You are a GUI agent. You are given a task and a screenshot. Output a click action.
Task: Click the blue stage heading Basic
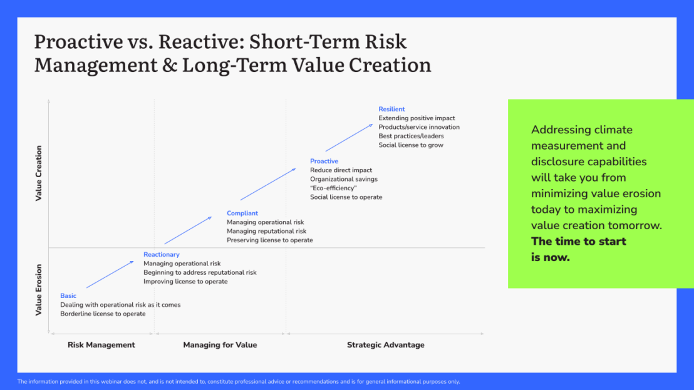(x=68, y=296)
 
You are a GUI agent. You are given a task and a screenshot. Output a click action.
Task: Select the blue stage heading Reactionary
(x=161, y=255)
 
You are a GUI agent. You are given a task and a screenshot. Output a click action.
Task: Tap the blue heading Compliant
(x=242, y=213)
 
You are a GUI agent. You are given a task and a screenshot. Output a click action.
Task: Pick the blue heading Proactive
(x=324, y=162)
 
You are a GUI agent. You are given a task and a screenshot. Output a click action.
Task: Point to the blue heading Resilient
(x=391, y=110)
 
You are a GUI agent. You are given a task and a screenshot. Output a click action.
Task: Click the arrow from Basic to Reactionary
(x=110, y=274)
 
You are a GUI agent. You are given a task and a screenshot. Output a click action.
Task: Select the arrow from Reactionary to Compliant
(x=188, y=230)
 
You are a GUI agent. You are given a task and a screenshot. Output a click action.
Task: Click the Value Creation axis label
(x=39, y=173)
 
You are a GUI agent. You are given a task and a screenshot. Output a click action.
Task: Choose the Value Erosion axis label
(x=39, y=289)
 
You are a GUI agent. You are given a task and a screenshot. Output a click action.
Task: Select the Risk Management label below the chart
(x=101, y=345)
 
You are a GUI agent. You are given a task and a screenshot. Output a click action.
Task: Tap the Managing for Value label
(x=220, y=345)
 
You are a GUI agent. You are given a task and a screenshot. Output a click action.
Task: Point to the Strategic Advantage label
(x=385, y=345)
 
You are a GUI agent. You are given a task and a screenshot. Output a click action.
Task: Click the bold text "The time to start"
(x=578, y=242)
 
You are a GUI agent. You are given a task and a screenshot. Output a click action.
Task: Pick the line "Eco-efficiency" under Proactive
(x=333, y=188)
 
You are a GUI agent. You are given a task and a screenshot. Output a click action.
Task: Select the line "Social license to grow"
(x=410, y=145)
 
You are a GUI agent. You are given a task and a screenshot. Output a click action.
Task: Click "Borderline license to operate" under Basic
(x=103, y=314)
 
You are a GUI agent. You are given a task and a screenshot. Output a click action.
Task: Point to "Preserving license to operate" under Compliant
(x=269, y=240)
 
